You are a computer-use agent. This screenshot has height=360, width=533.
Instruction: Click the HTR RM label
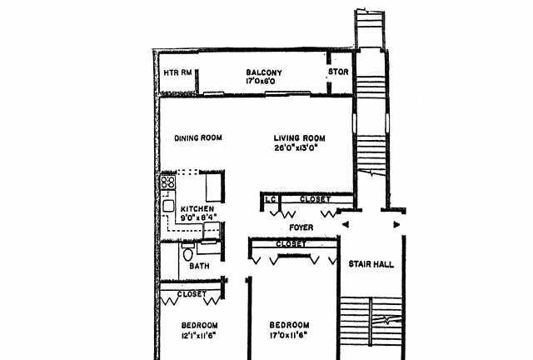click(x=177, y=72)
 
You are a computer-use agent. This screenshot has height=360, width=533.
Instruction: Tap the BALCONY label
click(x=264, y=72)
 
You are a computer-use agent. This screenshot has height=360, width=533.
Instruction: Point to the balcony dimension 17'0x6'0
click(x=261, y=82)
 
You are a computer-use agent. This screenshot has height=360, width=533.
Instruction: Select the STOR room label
click(x=338, y=72)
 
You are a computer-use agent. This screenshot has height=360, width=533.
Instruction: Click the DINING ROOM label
click(x=198, y=137)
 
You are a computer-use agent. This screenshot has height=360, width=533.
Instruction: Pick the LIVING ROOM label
click(x=300, y=138)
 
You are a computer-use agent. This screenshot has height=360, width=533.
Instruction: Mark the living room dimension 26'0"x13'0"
click(x=296, y=147)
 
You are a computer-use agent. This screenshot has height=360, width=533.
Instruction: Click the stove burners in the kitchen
click(x=168, y=182)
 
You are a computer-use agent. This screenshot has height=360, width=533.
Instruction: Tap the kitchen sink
click(x=168, y=206)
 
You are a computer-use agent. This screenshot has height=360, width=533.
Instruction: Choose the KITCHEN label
click(x=197, y=209)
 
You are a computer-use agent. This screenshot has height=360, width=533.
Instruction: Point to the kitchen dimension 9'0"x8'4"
click(x=198, y=217)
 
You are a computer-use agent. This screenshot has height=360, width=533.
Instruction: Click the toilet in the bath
click(x=187, y=252)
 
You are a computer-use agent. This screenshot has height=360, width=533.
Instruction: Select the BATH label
click(x=199, y=266)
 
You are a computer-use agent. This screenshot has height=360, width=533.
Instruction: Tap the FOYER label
click(x=301, y=227)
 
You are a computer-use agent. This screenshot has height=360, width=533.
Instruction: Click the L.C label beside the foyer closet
click(x=271, y=199)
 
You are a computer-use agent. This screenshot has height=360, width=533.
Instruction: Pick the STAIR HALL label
click(x=371, y=264)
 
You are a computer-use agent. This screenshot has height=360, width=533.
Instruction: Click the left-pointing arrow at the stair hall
click(x=345, y=224)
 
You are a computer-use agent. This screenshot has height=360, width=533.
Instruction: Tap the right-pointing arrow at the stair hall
click(x=396, y=224)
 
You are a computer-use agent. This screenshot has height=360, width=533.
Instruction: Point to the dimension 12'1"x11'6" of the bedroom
click(x=199, y=335)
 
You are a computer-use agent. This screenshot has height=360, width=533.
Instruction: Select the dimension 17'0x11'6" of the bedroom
click(x=289, y=335)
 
